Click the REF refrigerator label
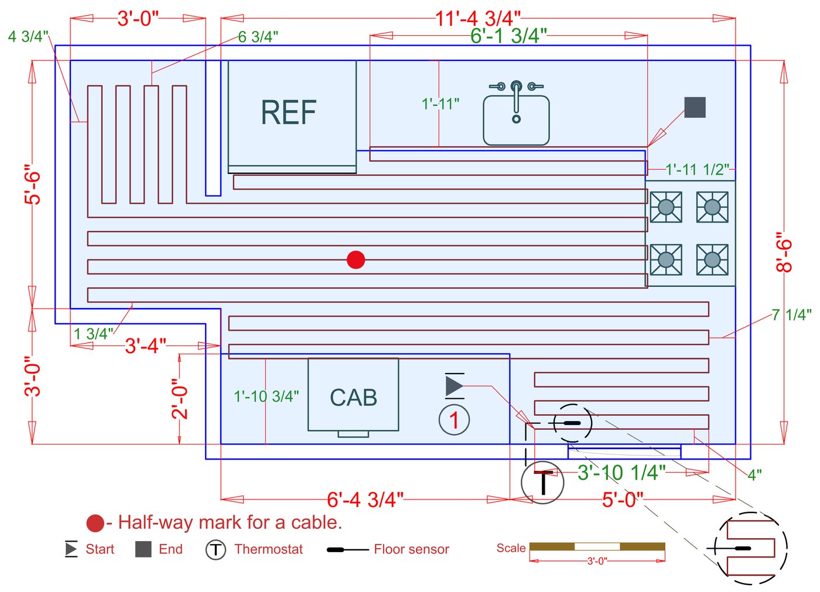[289, 112]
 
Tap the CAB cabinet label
[353, 398]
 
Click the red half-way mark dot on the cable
[356, 259]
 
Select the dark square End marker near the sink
[695, 107]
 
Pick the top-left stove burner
[666, 207]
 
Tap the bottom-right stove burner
[712, 259]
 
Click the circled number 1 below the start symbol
[454, 419]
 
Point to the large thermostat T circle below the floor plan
[543, 483]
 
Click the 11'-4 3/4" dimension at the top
[477, 18]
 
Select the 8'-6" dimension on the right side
[784, 252]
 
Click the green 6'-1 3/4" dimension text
[508, 36]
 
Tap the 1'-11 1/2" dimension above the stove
[697, 170]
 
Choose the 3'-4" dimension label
[145, 345]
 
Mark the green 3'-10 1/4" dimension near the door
[621, 473]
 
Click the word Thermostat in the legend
[269, 549]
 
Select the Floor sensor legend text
[411, 549]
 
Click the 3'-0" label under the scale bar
[597, 561]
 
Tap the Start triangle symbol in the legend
[71, 549]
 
